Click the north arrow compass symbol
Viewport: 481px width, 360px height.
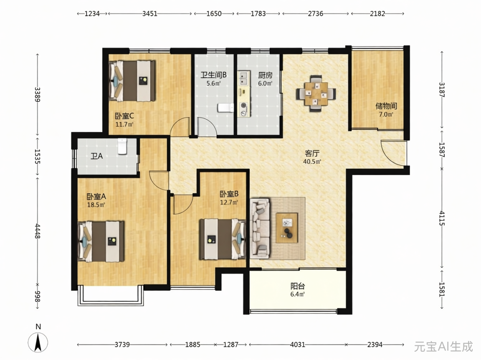pos(38,342)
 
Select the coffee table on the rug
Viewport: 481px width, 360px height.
pos(287,228)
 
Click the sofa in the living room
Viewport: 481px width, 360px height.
pos(260,228)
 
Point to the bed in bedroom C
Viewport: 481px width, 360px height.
pos(132,81)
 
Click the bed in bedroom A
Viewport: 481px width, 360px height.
pos(101,242)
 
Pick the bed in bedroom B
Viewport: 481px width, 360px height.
pos(223,239)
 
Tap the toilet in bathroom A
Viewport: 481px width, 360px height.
pos(122,146)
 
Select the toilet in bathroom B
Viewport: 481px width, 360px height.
pos(225,108)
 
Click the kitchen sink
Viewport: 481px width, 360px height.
pos(244,78)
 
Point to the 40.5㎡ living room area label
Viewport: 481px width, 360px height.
pos(312,161)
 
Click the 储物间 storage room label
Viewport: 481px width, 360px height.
pos(386,106)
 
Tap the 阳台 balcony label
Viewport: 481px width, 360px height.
pos(298,286)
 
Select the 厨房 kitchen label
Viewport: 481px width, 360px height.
pos(265,75)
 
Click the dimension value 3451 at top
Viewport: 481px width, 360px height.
pos(150,13)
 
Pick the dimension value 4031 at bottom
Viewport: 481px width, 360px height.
pos(298,345)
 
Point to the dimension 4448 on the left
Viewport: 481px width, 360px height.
pos(38,231)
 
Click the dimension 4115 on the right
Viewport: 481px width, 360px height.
pos(442,218)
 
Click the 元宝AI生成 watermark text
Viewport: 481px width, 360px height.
pos(443,347)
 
